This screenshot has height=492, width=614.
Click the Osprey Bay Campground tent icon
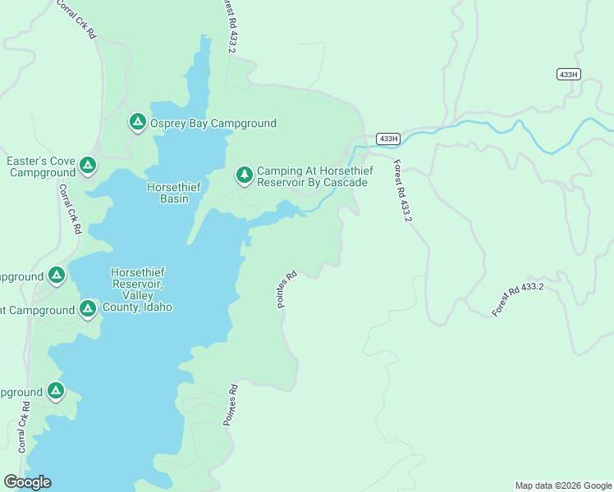(x=137, y=122)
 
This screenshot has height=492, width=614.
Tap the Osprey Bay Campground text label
(x=213, y=124)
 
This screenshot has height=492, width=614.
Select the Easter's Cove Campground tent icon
(x=88, y=166)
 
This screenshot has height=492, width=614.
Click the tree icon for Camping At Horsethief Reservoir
(x=244, y=175)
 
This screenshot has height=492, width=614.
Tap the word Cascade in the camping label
(x=346, y=182)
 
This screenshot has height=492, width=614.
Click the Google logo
(x=27, y=482)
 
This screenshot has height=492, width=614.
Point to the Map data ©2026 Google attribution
(x=563, y=485)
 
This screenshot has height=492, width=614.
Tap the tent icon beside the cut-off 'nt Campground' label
(x=88, y=309)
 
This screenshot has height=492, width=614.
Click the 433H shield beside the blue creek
(x=388, y=138)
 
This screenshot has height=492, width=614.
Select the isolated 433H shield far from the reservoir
(x=567, y=74)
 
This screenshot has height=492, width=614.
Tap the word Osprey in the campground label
(x=168, y=124)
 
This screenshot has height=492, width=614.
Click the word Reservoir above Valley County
(x=137, y=284)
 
